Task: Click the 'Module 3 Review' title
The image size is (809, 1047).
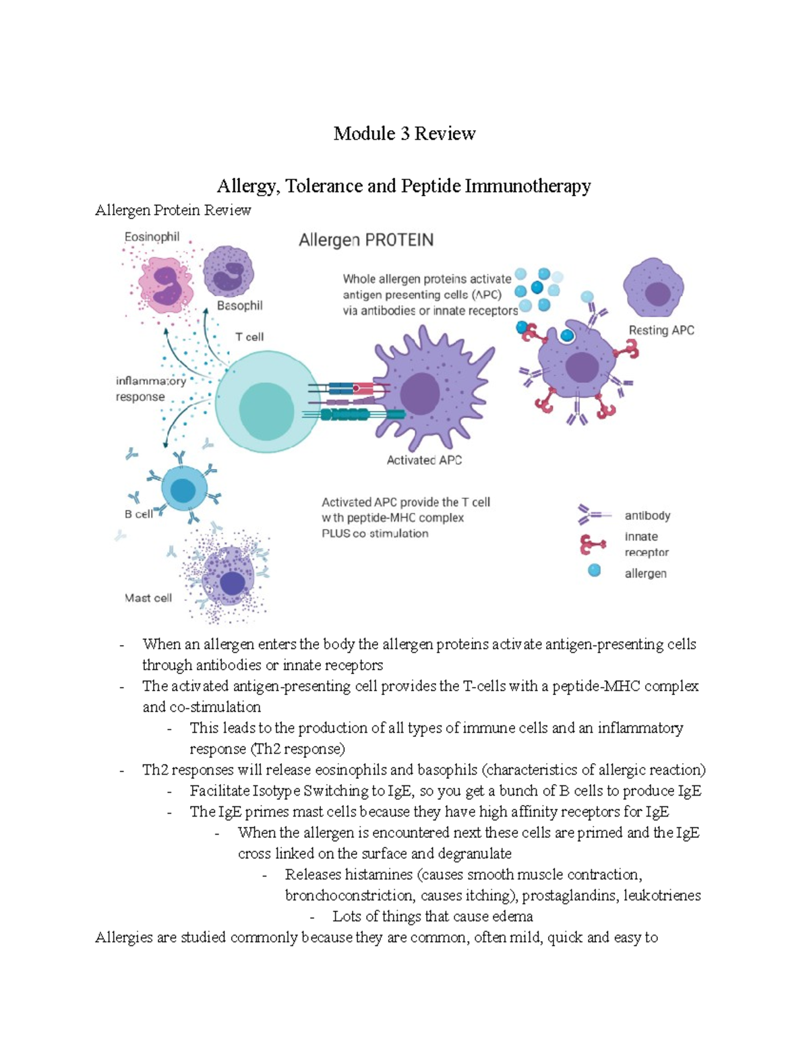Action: (404, 133)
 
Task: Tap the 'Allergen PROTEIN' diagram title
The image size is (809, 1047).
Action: (366, 240)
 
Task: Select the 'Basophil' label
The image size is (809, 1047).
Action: (239, 305)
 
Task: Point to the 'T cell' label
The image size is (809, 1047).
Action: (249, 336)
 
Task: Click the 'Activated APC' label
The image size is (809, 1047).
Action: (424, 460)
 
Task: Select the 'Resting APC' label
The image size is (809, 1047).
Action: (661, 330)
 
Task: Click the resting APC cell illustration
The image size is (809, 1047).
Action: (654, 289)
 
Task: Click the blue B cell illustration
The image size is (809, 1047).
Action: (182, 490)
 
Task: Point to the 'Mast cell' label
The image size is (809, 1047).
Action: (148, 597)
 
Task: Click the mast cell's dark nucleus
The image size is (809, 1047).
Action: (232, 582)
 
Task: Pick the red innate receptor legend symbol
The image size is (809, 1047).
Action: (591, 543)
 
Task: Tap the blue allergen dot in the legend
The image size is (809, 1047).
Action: (594, 571)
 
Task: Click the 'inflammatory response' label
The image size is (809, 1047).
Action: (150, 389)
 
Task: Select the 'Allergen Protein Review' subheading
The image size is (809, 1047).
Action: (173, 210)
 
